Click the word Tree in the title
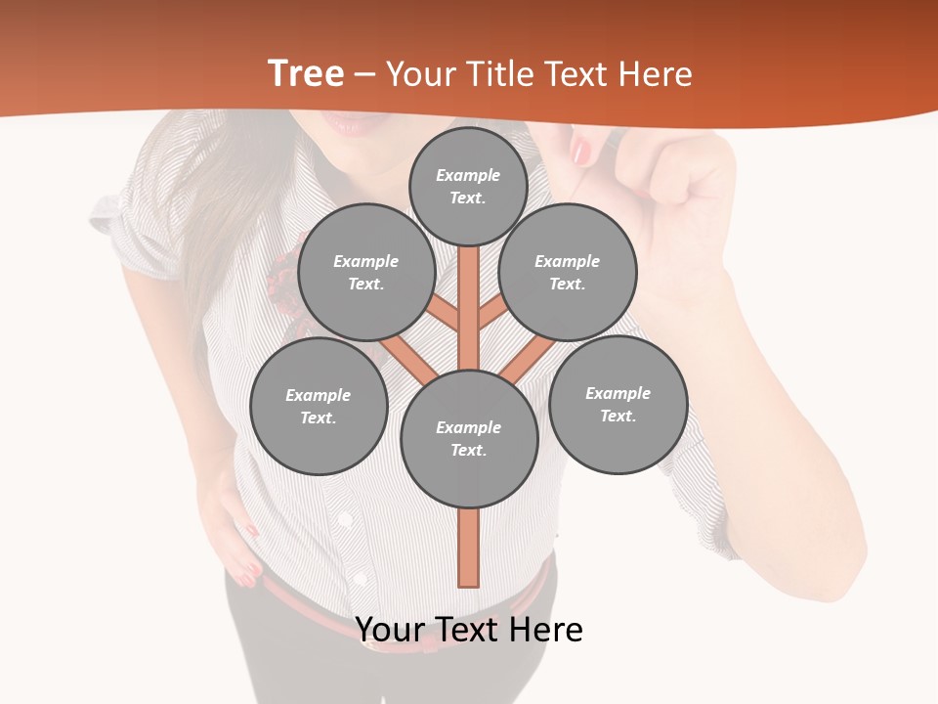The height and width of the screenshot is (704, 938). pyautogui.click(x=306, y=73)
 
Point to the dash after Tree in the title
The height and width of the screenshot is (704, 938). pyautogui.click(x=365, y=75)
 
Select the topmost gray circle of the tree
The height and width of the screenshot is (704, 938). pyautogui.click(x=468, y=187)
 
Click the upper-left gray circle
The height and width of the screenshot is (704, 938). pyautogui.click(x=366, y=273)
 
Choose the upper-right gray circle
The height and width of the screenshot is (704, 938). pyautogui.click(x=568, y=273)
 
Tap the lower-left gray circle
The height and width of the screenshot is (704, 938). pyautogui.click(x=319, y=407)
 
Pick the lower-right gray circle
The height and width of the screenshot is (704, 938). pyautogui.click(x=618, y=405)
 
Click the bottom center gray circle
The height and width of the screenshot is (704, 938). pyautogui.click(x=469, y=439)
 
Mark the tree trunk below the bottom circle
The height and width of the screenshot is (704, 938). pyautogui.click(x=469, y=548)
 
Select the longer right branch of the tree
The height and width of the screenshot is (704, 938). pyautogui.click(x=529, y=359)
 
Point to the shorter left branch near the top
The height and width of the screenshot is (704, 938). pyautogui.click(x=444, y=313)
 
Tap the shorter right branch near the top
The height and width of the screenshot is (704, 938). pyautogui.click(x=492, y=313)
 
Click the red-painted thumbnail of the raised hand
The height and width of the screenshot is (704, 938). pyautogui.click(x=581, y=151)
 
